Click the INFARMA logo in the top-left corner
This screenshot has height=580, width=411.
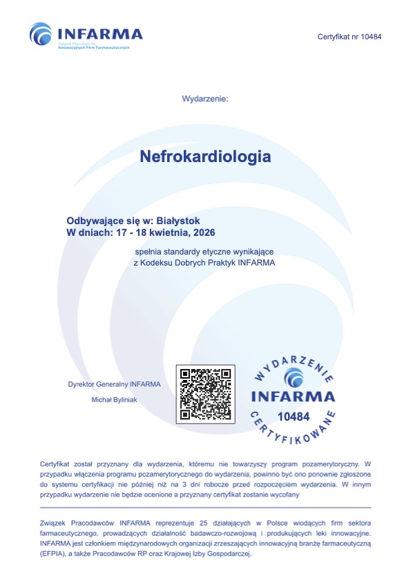click(86, 34)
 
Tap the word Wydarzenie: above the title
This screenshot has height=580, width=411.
click(204, 99)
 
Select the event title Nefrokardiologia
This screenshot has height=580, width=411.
click(205, 157)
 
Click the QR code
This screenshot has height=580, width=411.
click(205, 394)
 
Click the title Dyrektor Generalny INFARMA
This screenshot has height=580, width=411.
click(114, 383)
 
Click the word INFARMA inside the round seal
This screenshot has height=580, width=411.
click(292, 397)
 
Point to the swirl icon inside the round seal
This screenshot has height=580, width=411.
click(293, 377)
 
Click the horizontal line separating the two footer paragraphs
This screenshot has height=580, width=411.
click(205, 508)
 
